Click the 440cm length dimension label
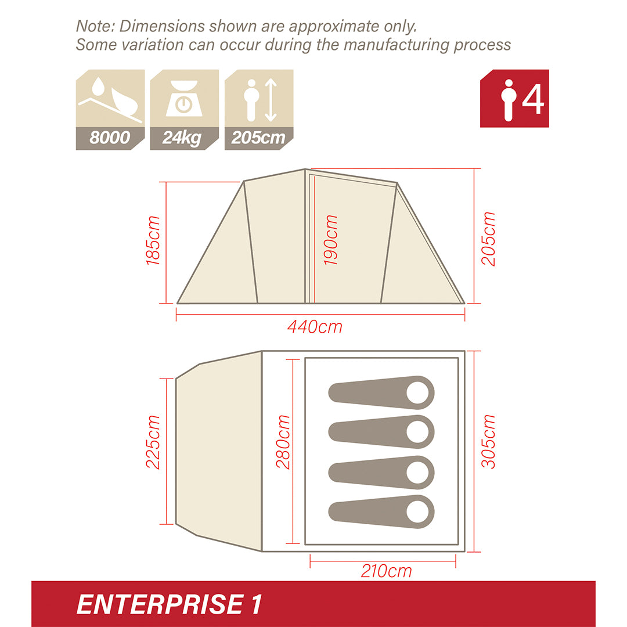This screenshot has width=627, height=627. click(x=315, y=327)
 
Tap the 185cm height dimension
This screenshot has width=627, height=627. click(x=153, y=240)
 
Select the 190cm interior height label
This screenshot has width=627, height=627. click(x=331, y=240)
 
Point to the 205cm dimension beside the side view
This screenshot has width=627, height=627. click(x=489, y=239)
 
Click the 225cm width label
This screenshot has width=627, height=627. click(x=153, y=442)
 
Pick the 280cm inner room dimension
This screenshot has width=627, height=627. click(x=283, y=442)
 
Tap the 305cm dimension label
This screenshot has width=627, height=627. click(x=489, y=441)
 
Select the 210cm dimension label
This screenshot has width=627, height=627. click(x=386, y=571)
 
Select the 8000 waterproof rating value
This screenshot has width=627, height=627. click(x=109, y=138)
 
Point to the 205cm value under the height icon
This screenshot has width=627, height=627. click(x=258, y=138)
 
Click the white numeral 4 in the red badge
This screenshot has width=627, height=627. click(x=532, y=99)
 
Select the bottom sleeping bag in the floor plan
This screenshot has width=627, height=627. click(x=381, y=511)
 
